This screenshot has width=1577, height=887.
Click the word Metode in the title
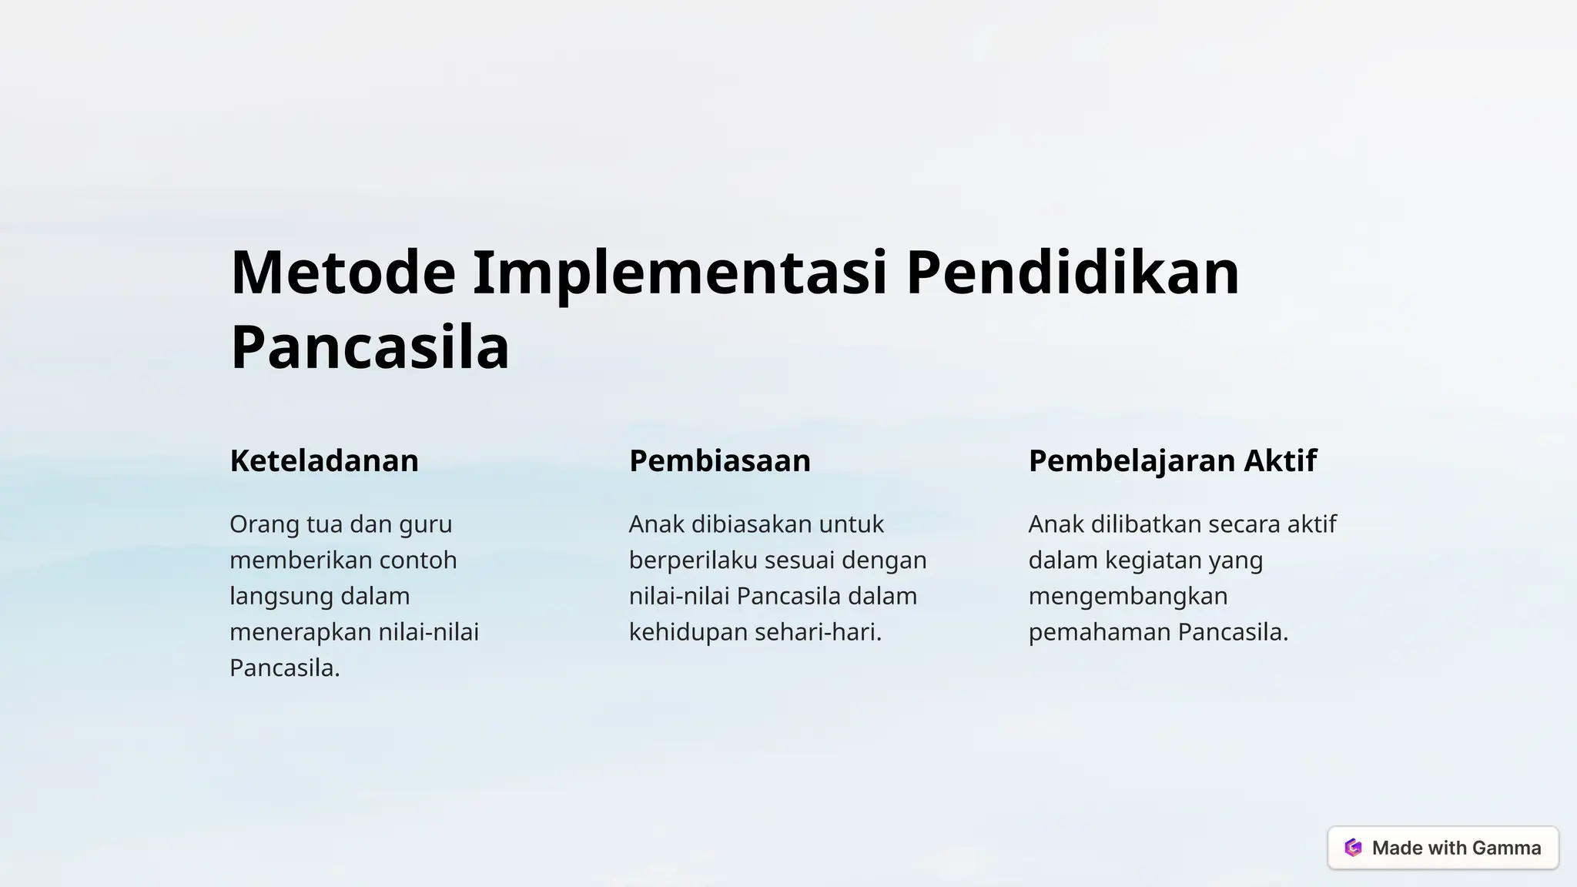pyautogui.click(x=343, y=273)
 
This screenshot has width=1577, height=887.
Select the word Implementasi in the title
pyautogui.click(x=680, y=273)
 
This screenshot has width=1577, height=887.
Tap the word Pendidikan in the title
pyautogui.click(x=1072, y=273)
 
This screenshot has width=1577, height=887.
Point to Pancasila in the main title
pyautogui.click(x=370, y=348)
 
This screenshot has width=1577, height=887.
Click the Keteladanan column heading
pyautogui.click(x=324, y=460)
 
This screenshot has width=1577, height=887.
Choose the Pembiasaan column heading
pyautogui.click(x=720, y=460)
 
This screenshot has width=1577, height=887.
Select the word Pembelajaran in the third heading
pyautogui.click(x=1131, y=460)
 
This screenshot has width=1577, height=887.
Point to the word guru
pyautogui.click(x=425, y=525)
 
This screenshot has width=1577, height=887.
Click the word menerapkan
pyautogui.click(x=290, y=632)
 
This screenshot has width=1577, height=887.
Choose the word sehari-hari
pyautogui.click(x=817, y=632)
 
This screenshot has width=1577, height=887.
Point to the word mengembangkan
pyautogui.click(x=1128, y=597)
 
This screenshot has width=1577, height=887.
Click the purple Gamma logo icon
pyautogui.click(x=1353, y=848)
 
